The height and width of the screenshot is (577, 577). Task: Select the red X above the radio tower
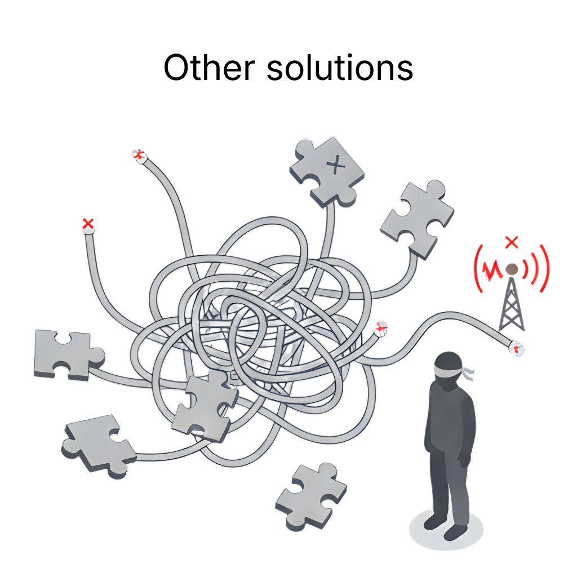coord(512,242)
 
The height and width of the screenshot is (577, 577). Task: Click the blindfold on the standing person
coord(449,369)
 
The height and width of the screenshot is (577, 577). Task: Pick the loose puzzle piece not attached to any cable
coord(311,496)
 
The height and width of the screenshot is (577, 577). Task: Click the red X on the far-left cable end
coord(88,223)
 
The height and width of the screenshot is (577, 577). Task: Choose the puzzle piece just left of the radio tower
coord(418,219)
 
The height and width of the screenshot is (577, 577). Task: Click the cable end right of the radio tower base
coord(517,347)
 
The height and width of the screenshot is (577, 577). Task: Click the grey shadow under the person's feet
coord(446,530)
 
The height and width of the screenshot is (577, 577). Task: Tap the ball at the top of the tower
coord(511,269)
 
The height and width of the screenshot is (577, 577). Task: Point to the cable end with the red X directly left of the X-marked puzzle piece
coord(139,156)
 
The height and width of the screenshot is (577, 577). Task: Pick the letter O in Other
coord(177,68)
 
